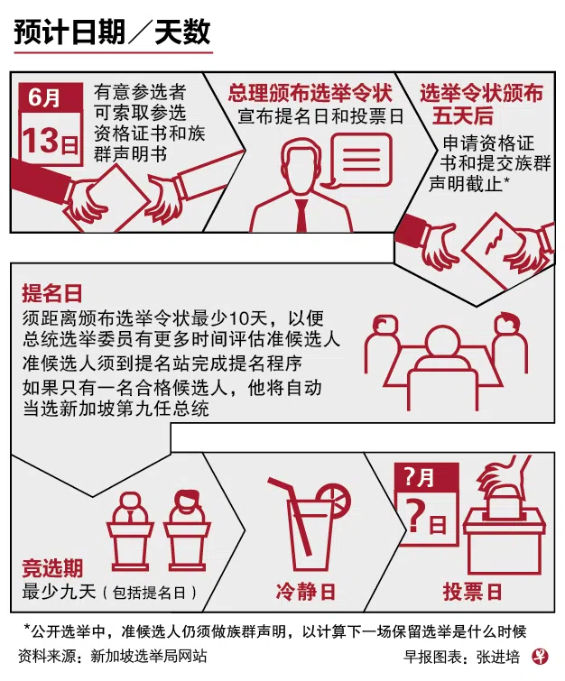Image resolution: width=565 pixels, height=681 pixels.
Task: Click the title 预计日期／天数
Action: point(112,32)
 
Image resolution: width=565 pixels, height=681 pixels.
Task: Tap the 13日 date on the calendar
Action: point(51,141)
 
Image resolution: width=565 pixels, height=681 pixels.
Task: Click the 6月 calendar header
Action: point(44,97)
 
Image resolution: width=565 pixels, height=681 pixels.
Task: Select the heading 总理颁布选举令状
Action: point(310,94)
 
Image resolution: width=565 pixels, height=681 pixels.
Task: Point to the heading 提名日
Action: point(52,293)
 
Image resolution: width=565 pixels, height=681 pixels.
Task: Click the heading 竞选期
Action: point(52,567)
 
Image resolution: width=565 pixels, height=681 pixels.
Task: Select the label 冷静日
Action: point(306,592)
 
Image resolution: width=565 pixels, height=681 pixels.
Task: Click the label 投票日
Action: point(472,592)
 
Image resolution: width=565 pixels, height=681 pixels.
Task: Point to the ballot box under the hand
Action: point(505,544)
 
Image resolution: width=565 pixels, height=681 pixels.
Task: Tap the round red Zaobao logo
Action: point(540,657)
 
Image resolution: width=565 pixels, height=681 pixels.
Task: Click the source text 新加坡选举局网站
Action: point(149,657)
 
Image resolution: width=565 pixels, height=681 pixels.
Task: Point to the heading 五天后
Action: point(462,116)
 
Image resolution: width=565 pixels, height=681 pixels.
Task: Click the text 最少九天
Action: point(59,592)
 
